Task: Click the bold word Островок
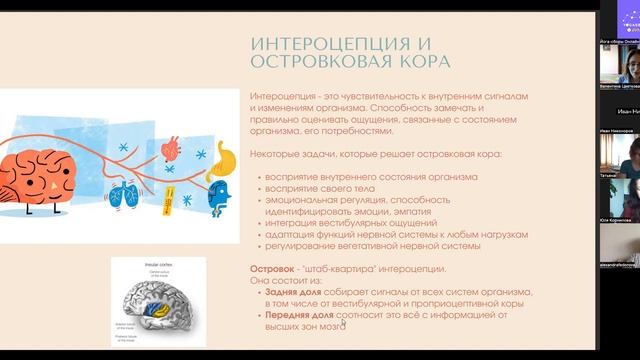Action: (273, 270)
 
